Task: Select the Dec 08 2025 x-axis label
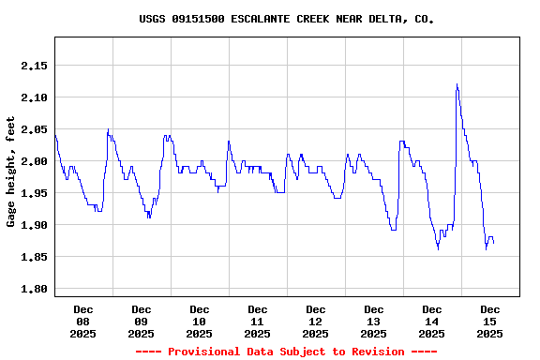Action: point(83,321)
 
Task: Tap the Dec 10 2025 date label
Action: point(200,321)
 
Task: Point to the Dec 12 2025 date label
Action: point(316,321)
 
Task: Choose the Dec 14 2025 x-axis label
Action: point(432,321)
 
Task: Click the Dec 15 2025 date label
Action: point(490,321)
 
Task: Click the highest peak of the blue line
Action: point(457,84)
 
